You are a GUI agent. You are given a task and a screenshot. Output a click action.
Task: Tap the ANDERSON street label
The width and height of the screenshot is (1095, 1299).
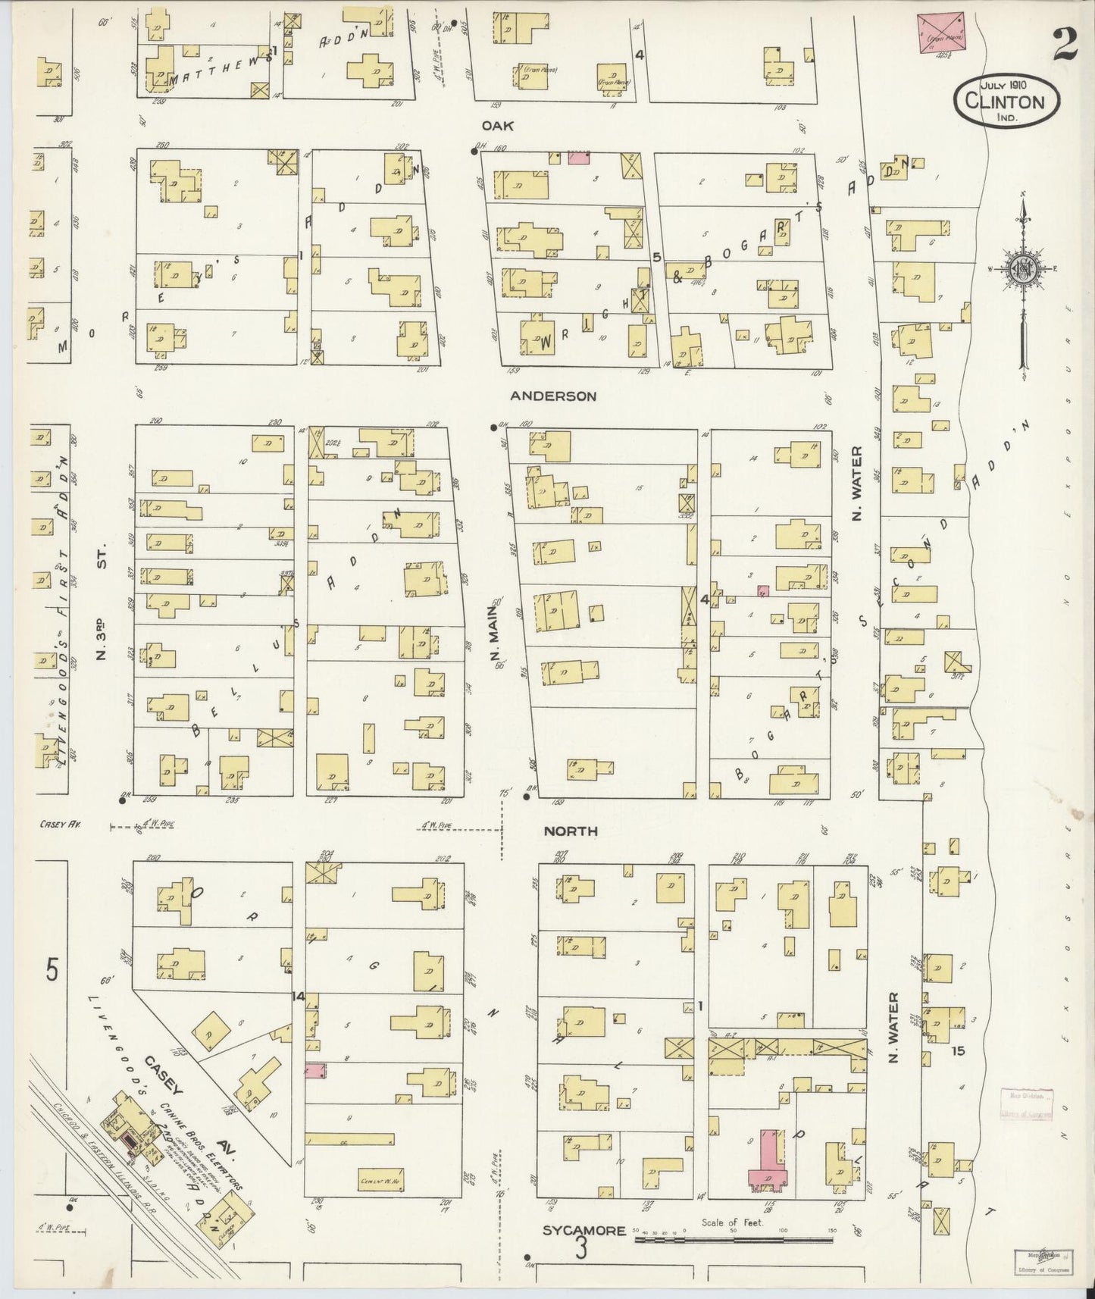(552, 396)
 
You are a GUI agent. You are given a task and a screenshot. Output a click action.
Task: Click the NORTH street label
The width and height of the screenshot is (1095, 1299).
(571, 831)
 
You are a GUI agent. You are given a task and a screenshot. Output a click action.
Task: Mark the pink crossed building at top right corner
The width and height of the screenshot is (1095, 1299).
(940, 33)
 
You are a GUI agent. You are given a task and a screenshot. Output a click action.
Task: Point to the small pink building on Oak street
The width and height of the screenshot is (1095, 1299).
(579, 157)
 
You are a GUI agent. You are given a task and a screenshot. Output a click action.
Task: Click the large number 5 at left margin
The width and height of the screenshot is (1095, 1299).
(51, 970)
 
